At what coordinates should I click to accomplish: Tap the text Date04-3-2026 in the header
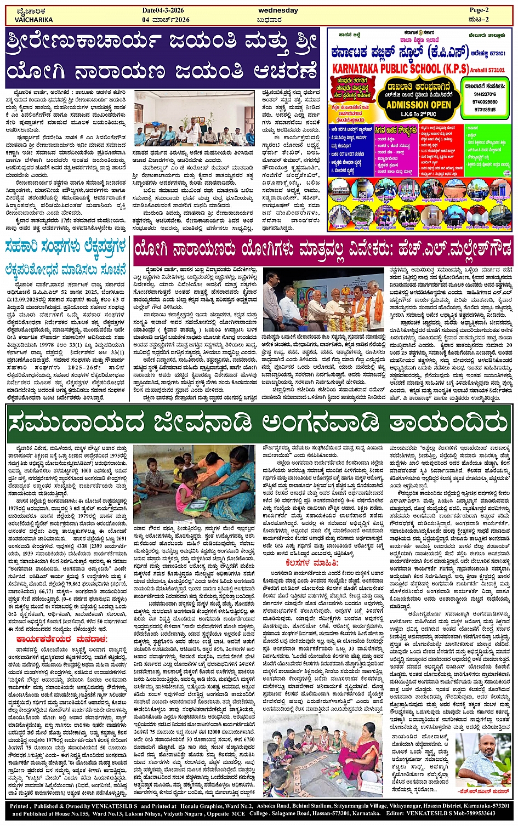pos(166,10)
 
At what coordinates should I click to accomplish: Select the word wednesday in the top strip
pos(278,10)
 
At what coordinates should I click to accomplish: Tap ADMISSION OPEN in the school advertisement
pos(419,104)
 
